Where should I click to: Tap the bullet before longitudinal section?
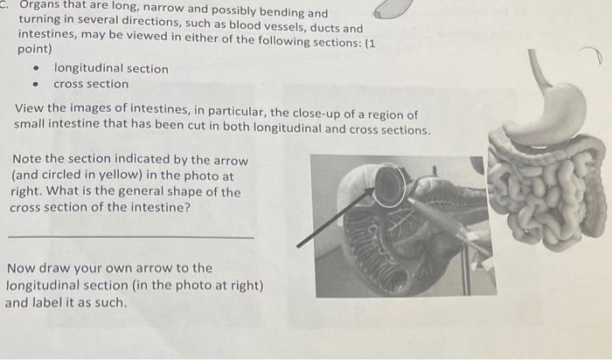pyautogui.click(x=34, y=69)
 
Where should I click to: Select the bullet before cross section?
pyautogui.click(x=34, y=86)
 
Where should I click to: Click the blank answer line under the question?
pyautogui.click(x=131, y=238)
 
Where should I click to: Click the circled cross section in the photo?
pyautogui.click(x=388, y=185)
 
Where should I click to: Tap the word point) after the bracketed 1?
pyautogui.click(x=35, y=50)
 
